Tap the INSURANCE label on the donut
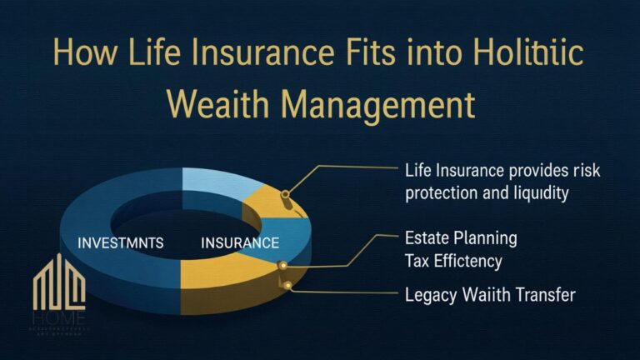[x=240, y=244]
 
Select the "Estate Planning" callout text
[x=461, y=238]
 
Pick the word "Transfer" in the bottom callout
[x=547, y=294]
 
